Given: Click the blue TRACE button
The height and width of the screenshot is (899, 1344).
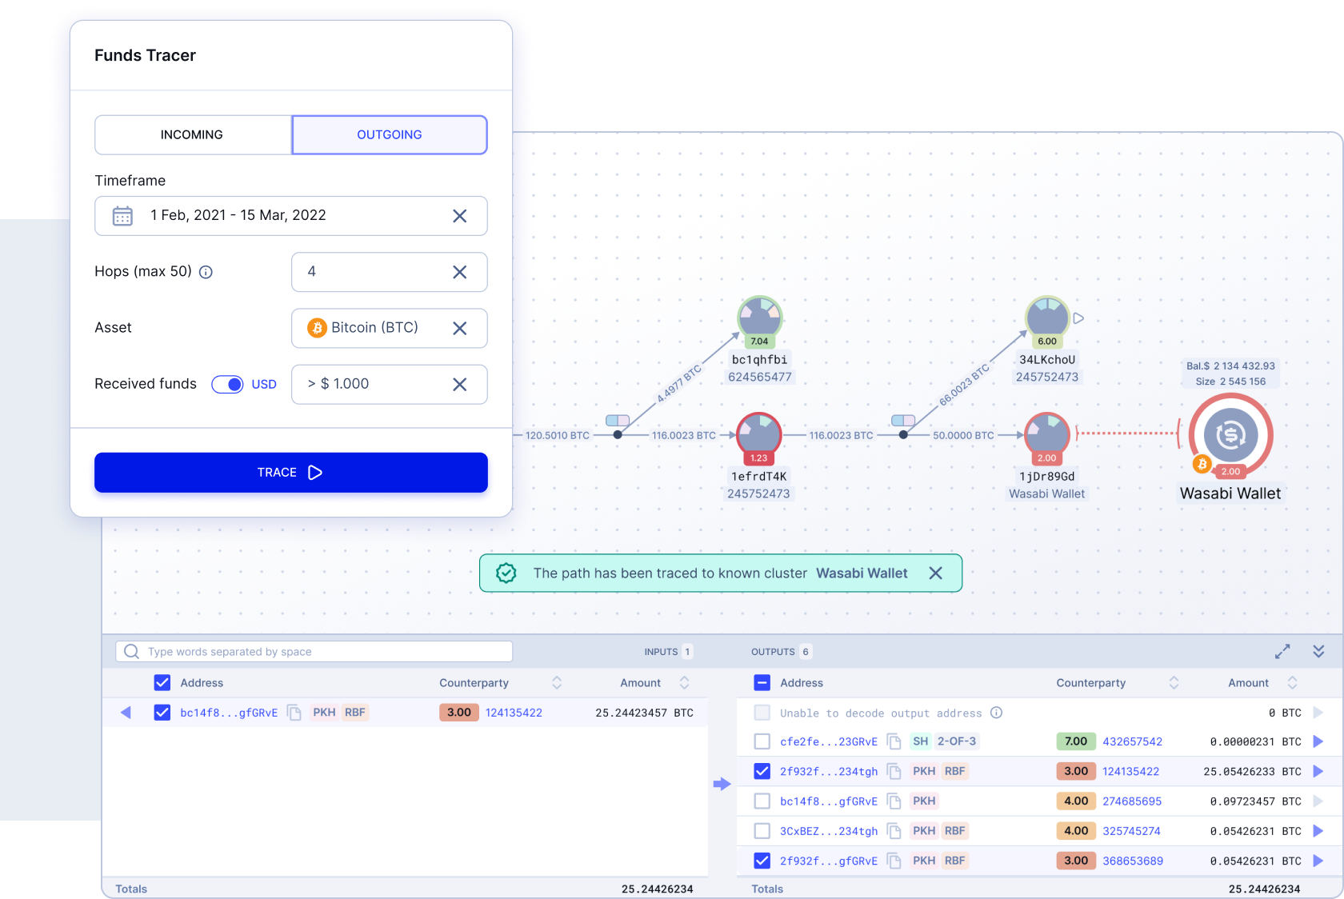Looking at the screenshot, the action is pos(291,473).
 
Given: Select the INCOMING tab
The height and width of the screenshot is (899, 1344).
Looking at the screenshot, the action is pos(193,135).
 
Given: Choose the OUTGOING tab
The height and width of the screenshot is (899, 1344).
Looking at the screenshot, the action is pos(390,135).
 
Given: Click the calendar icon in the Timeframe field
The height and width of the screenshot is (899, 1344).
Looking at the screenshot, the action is pos(122,216).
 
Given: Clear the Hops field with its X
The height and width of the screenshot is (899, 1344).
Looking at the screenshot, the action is pos(459,272).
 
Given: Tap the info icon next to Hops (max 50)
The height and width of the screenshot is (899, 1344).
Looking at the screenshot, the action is pos(206,272).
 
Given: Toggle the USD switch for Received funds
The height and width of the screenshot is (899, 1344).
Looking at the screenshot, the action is pos(227,385).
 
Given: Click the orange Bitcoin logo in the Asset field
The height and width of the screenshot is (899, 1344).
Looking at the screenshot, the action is pos(317,328).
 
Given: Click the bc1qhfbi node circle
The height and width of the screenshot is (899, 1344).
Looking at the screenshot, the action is pos(760,318).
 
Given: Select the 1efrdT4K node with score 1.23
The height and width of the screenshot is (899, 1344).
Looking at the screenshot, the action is pos(759,435).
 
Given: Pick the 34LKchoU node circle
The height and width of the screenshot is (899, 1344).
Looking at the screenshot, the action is pos(1047,318).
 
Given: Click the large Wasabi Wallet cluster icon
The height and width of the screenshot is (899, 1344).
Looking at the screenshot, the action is pos(1230,435).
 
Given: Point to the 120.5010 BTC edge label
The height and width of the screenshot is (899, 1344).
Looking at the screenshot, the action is pos(558,435).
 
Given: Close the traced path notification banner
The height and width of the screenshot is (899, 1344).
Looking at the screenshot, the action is pos(935,573).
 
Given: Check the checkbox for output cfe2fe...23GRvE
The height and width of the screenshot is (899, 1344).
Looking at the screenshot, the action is pos(762,742).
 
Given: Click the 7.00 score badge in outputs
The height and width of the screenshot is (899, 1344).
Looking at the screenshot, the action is pos(1076,742).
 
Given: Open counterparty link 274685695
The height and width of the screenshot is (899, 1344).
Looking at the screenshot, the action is pos(1131,801).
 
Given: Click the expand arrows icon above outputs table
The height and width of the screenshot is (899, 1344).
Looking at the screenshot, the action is pos(1282,652).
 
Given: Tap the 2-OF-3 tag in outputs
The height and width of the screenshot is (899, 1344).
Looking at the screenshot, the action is pos(957,742).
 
